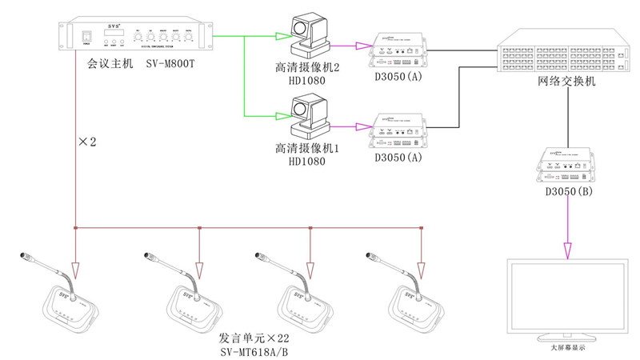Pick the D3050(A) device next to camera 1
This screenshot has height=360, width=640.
[x=398, y=130]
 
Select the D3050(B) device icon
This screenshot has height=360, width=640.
[x=568, y=166]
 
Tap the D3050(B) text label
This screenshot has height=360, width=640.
[x=568, y=194]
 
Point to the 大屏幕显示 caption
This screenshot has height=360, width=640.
[x=567, y=348]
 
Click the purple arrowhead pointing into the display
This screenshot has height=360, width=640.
[x=567, y=251]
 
